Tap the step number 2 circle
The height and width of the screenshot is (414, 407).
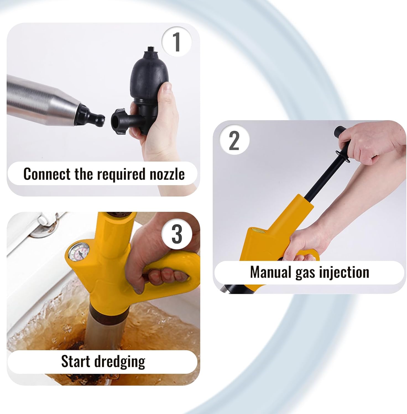click(234, 140)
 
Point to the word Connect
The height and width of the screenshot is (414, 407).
click(47, 174)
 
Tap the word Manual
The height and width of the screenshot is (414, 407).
click(270, 272)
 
